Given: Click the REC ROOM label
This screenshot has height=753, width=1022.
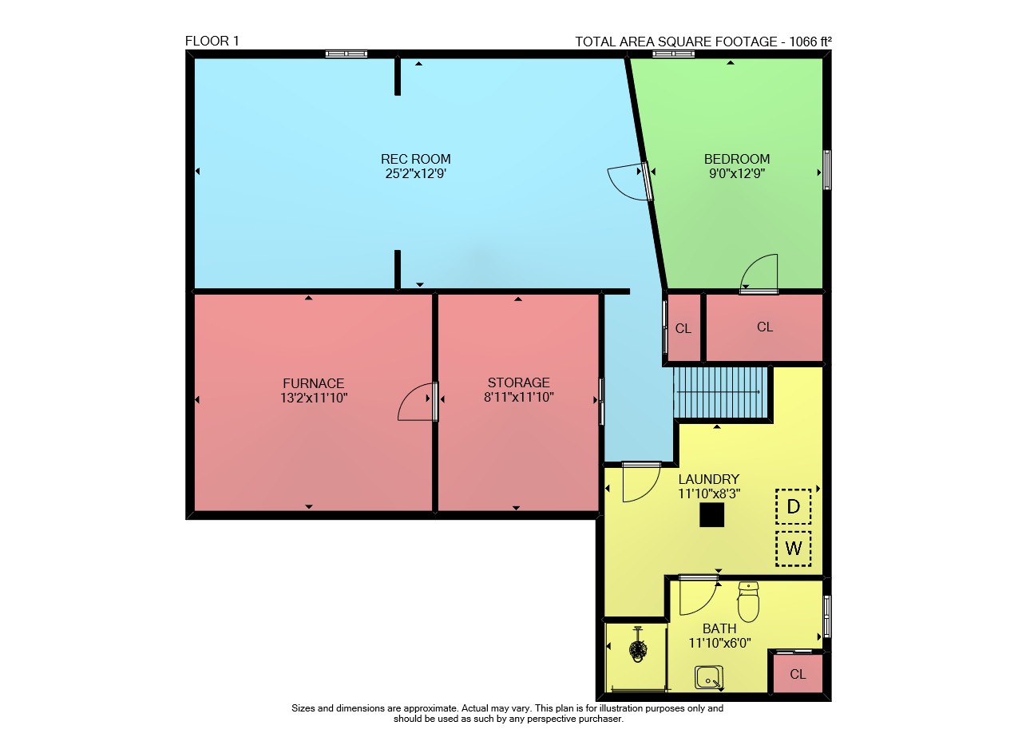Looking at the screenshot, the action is [416, 159].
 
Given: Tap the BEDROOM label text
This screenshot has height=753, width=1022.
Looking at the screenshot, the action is [737, 159].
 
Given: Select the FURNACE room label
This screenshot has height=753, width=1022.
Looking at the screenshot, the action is [314, 383].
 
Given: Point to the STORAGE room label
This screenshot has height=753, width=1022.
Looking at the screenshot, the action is [519, 382].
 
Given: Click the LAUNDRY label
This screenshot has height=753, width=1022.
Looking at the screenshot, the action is [709, 479].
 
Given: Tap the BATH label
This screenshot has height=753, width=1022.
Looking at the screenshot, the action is [719, 629].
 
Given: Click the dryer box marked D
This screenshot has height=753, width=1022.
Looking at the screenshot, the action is [794, 506].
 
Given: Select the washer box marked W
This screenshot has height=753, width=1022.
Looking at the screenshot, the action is [794, 549].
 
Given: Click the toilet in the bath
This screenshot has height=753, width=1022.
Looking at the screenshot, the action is [748, 601].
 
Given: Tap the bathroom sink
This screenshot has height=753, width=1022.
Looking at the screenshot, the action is [709, 677].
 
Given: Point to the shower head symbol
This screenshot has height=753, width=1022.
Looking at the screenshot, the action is [637, 647].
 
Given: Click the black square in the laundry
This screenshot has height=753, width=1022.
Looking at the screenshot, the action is [711, 515].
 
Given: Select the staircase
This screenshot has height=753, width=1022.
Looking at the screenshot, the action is [720, 393].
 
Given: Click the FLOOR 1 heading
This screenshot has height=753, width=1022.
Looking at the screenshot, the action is [212, 41].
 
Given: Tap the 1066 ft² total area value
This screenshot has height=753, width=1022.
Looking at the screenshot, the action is [810, 42].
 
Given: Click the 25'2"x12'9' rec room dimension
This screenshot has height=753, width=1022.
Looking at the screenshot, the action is [416, 174].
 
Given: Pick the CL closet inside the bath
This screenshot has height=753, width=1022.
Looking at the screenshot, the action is [798, 675].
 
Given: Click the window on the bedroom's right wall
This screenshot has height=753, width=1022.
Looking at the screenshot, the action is [826, 170].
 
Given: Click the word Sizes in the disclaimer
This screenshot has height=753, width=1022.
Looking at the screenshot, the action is [303, 709].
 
